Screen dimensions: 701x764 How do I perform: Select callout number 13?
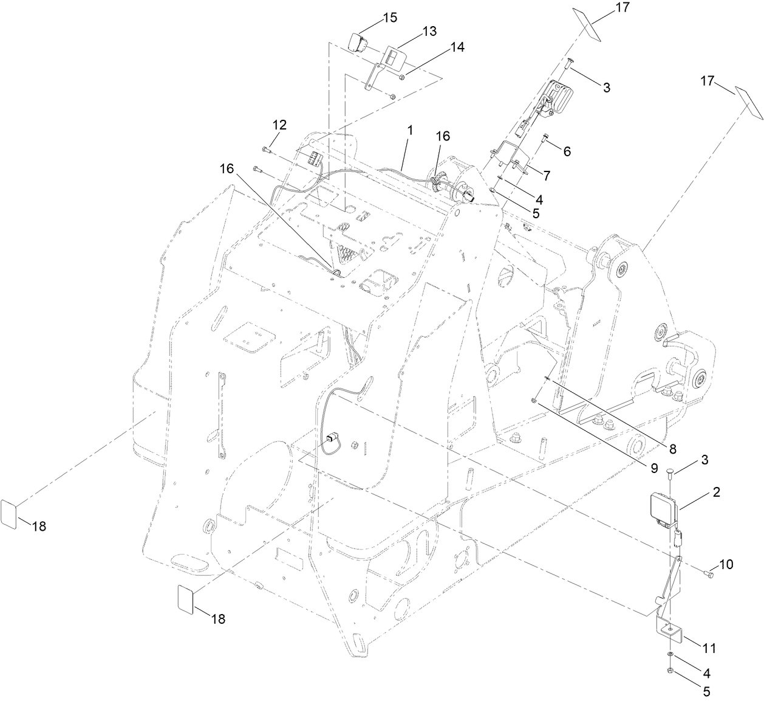pyautogui.click(x=429, y=32)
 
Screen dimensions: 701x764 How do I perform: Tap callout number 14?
pyautogui.click(x=457, y=47)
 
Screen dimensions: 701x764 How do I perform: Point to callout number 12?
pyautogui.click(x=279, y=125)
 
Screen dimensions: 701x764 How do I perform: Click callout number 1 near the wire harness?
pyautogui.click(x=410, y=130)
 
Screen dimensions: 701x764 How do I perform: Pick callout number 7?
pyautogui.click(x=546, y=176)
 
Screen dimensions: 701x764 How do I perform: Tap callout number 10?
pyautogui.click(x=726, y=564)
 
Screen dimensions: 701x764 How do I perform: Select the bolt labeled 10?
pyautogui.click(x=708, y=573)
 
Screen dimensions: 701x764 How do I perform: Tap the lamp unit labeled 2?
pyautogui.click(x=661, y=505)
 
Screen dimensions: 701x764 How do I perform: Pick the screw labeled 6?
pyautogui.click(x=545, y=137)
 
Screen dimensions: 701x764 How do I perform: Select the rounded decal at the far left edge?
pyautogui.click(x=8, y=514)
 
